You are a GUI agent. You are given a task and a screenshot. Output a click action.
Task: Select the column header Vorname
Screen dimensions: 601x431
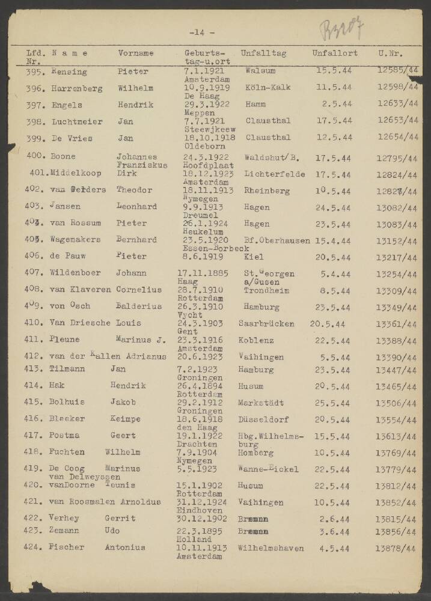pyautogui.click(x=136, y=53)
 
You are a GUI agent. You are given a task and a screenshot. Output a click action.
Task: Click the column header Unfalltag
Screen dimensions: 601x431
pyautogui.click(x=263, y=53)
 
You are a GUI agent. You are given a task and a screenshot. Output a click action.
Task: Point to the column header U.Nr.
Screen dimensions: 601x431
pyautogui.click(x=390, y=53)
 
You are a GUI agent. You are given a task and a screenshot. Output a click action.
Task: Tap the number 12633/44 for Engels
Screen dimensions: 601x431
pyautogui.click(x=397, y=104)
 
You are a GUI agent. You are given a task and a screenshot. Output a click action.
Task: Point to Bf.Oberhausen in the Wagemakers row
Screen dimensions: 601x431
pyautogui.click(x=278, y=240)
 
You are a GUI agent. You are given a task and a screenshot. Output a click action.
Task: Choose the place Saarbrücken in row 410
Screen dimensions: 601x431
pyautogui.click(x=266, y=323)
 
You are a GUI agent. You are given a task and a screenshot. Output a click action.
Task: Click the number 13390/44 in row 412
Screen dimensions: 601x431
pyautogui.click(x=396, y=358)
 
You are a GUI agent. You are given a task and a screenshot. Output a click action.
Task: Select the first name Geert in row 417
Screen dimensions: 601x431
pyautogui.click(x=123, y=435)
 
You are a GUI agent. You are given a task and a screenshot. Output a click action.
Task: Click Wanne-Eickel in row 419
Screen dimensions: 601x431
pyautogui.click(x=268, y=469)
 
